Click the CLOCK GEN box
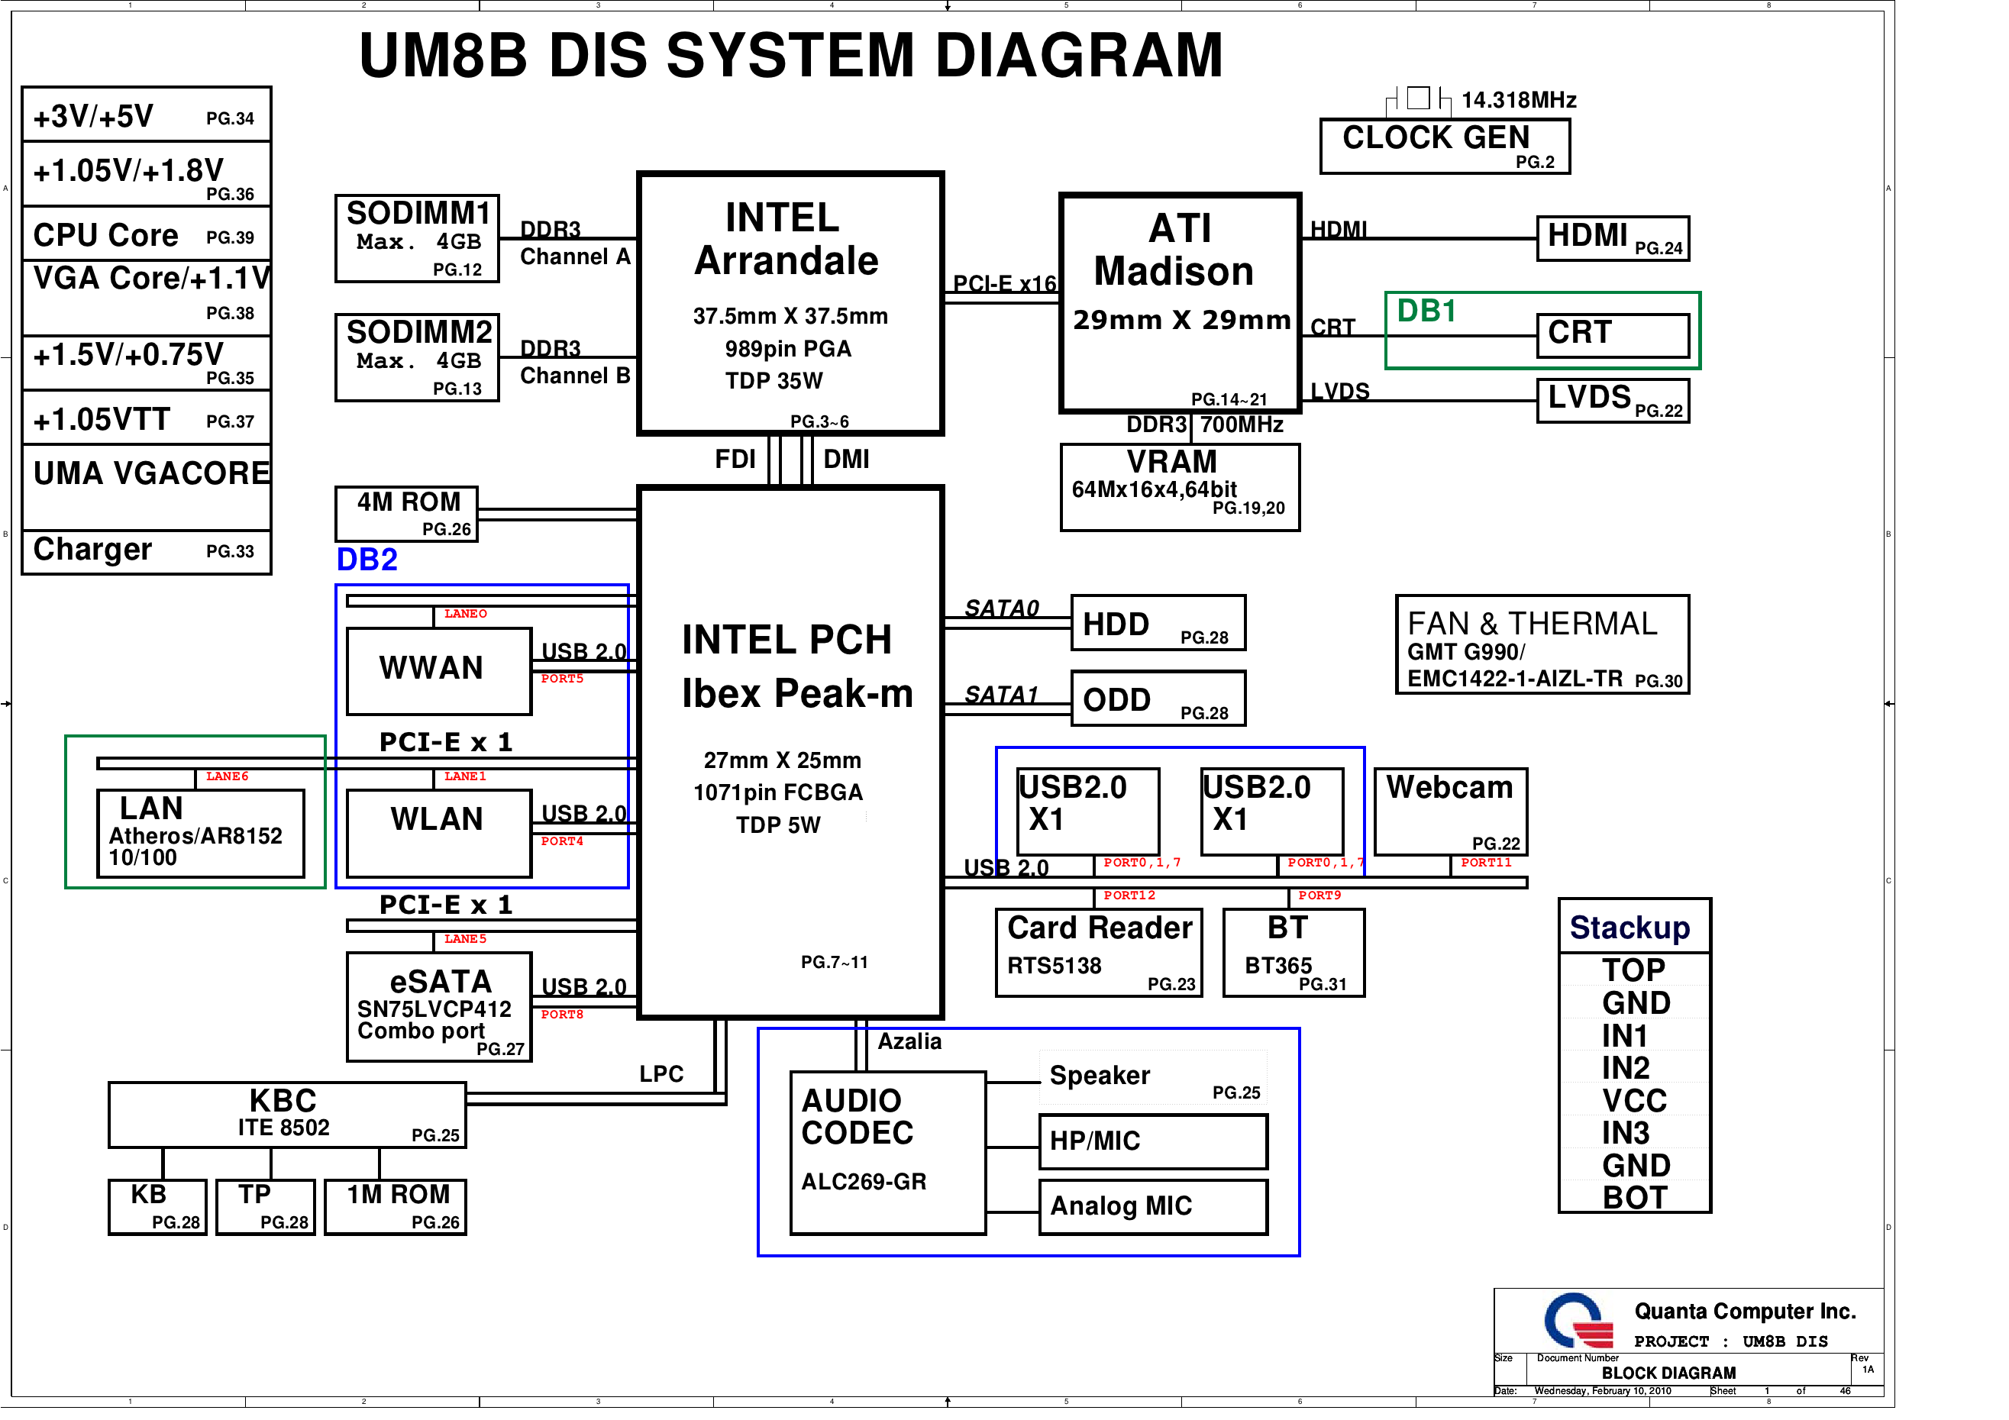point(1444,146)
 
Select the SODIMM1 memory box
point(418,238)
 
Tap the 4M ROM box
point(407,514)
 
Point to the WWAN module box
point(438,670)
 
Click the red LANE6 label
point(227,776)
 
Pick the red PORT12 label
point(1129,895)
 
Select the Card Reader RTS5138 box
point(1098,953)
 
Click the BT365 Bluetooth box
point(1294,953)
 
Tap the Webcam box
point(1450,811)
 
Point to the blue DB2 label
point(367,560)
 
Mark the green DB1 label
point(1426,311)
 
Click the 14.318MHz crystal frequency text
point(1518,101)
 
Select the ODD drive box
point(1158,699)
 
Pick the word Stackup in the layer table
point(1629,928)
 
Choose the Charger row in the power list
point(146,551)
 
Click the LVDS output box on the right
point(1613,401)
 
